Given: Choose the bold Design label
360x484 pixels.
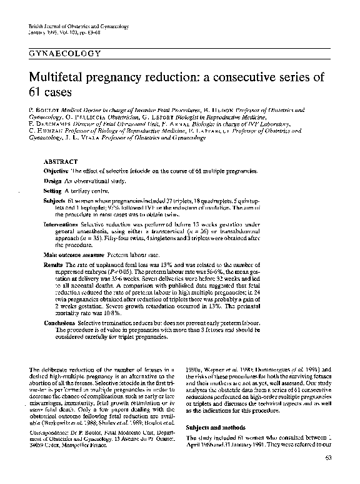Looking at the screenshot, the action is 54,181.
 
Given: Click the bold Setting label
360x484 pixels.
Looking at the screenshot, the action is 53,191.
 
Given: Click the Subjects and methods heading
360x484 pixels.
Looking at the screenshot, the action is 212,428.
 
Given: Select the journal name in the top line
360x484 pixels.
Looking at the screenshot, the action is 79,26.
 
